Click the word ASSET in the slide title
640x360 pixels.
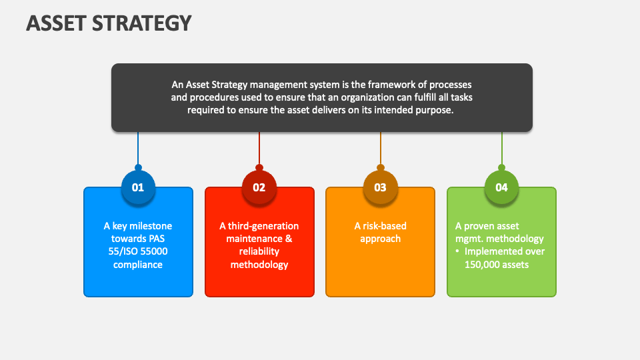tap(53, 23)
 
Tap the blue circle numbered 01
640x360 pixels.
tap(138, 187)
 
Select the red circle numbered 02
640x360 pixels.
tap(259, 187)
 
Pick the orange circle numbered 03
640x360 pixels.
tap(380, 187)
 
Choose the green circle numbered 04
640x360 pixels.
tap(501, 187)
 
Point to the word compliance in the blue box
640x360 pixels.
tap(138, 265)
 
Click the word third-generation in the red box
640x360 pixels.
tap(265, 226)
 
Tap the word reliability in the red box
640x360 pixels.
tap(259, 252)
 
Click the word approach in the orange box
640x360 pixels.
tap(380, 239)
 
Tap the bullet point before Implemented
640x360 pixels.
tap(458, 252)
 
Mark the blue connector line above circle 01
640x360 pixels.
tap(138, 147)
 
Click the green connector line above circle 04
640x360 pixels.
tap(501, 147)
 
